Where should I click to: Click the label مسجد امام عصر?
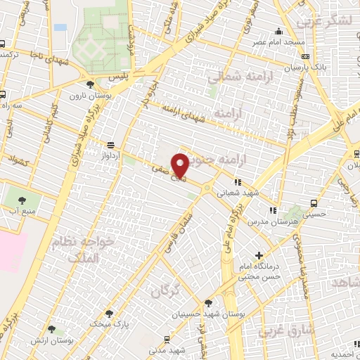coord(280,42)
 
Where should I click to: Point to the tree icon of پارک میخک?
coord(108,314)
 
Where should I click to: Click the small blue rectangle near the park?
coord(60,27)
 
